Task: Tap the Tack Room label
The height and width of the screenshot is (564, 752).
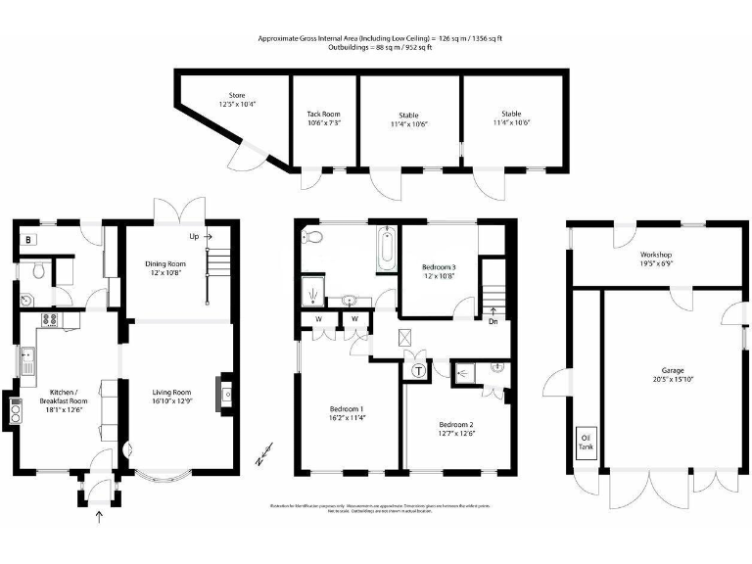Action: (x=323, y=115)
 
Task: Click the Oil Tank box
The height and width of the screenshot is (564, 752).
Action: (x=587, y=441)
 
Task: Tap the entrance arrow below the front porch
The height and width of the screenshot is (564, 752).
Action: (x=98, y=518)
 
